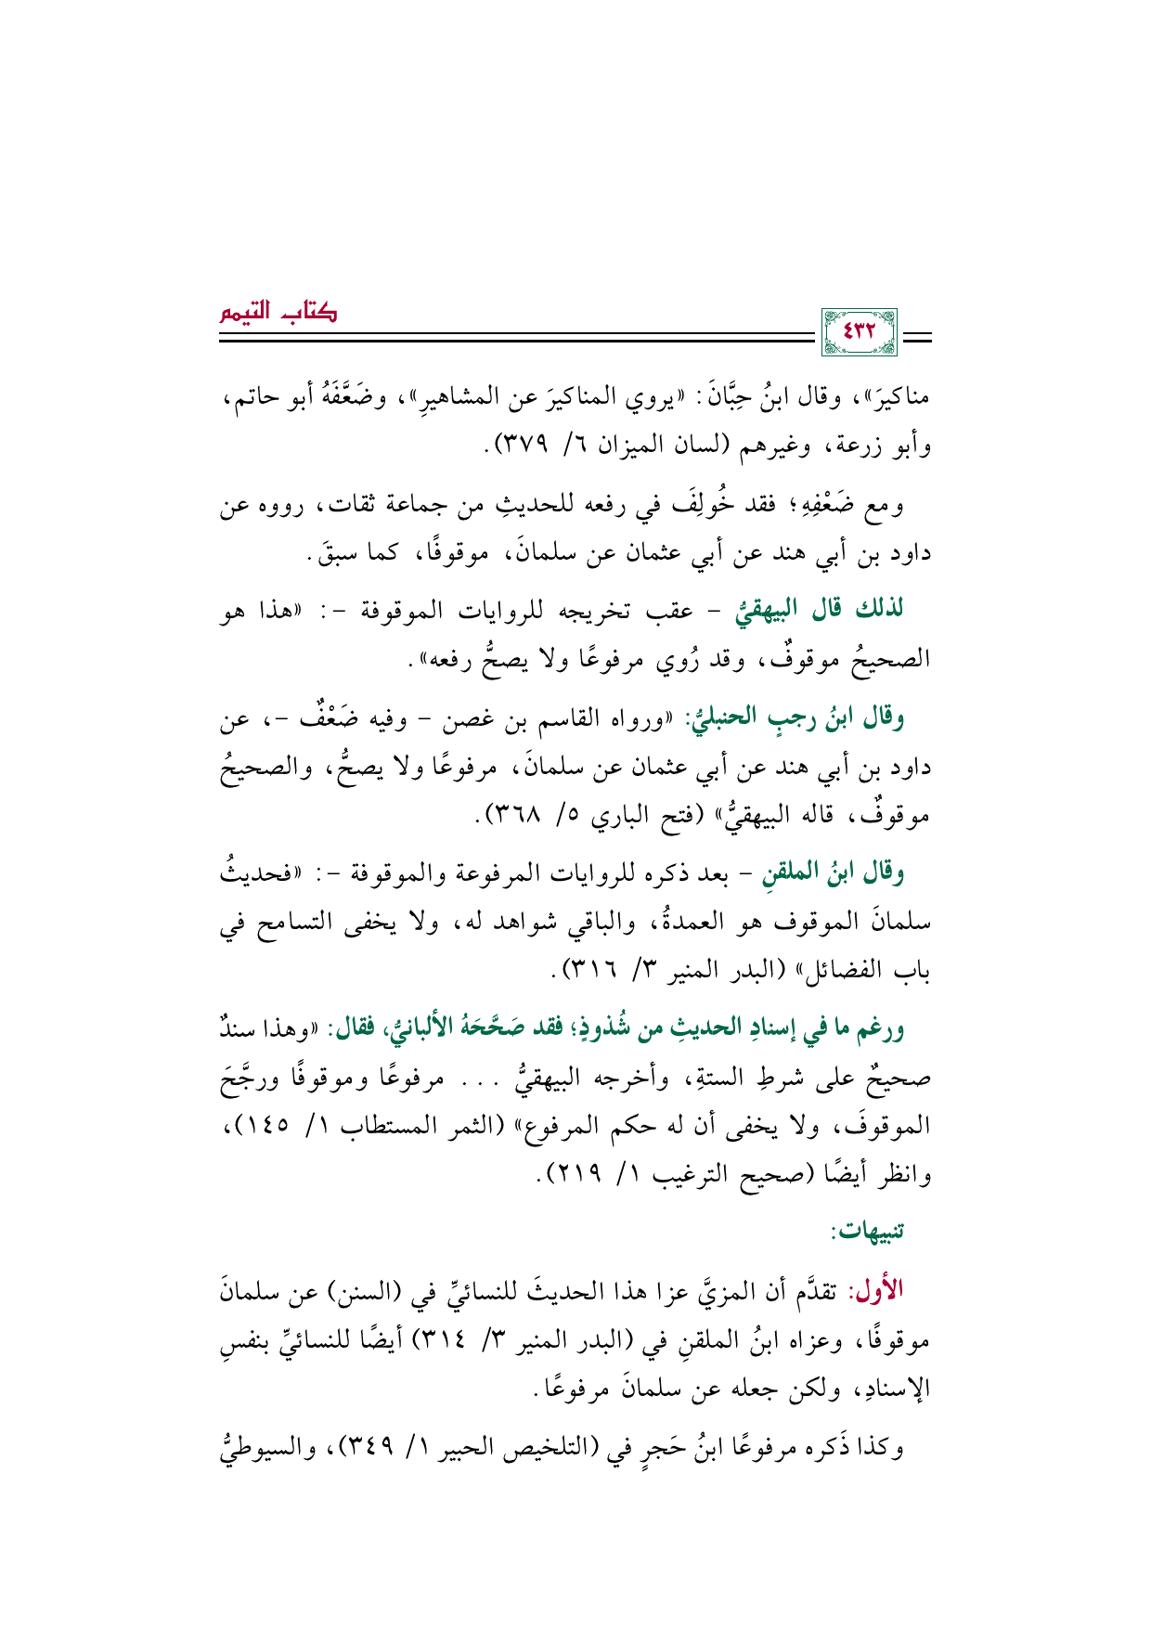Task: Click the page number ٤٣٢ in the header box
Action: click(859, 332)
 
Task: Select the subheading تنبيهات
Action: click(869, 1231)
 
